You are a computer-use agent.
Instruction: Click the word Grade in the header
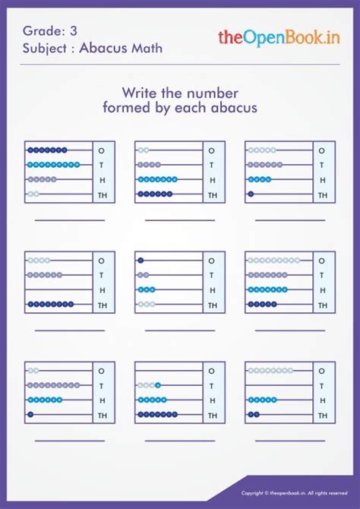coord(39,31)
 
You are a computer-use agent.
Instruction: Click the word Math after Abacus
coord(146,49)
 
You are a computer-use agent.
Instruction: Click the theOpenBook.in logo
coord(278,36)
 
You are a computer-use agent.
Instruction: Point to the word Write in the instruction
coord(139,93)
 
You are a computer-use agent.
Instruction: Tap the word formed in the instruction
coord(124,108)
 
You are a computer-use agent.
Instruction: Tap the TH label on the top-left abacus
coord(102,195)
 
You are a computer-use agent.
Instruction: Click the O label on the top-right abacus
coord(322,150)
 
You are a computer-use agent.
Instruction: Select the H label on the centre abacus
coord(212,290)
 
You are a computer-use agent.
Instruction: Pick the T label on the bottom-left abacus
coord(102,385)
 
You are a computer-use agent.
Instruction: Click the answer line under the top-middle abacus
coord(180,220)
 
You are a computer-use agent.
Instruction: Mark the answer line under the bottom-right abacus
coord(289,440)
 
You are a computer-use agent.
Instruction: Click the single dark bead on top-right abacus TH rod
coord(251,194)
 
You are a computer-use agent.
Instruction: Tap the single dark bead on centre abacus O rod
coord(141,261)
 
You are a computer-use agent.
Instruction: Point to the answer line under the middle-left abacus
coord(70,330)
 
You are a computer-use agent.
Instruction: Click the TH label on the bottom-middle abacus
coord(212,415)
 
